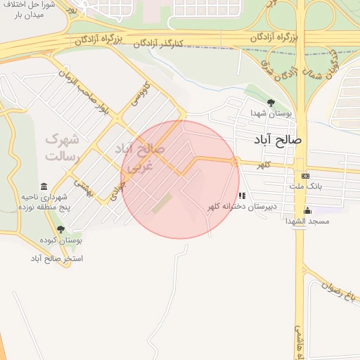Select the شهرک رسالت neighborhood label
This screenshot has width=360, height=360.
tap(62, 147)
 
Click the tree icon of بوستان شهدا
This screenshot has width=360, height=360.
tap(271, 103)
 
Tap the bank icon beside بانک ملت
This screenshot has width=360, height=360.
tap(305, 176)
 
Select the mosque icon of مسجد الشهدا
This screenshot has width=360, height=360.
tap(307, 210)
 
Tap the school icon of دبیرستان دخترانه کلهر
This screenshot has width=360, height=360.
tap(242, 196)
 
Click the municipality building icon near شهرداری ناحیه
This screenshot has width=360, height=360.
tap(44, 187)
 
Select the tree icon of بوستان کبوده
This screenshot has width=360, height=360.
tap(60, 229)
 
